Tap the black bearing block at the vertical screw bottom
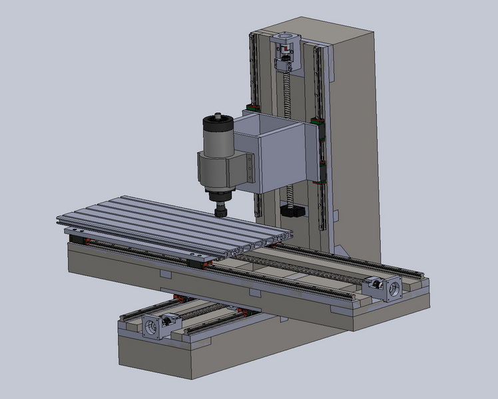(x=293, y=211)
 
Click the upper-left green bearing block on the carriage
(x=253, y=108)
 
